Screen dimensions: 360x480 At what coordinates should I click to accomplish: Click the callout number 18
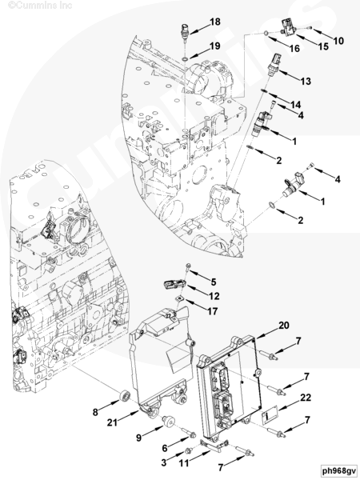coord(215,22)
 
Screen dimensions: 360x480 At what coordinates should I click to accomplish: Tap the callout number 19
coord(215,46)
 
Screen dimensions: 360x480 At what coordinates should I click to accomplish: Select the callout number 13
coord(306,81)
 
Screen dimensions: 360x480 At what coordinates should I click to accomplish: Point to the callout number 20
coord(284,325)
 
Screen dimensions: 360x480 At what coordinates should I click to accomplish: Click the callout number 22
coord(306,398)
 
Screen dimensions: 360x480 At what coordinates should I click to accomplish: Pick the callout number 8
coord(95,412)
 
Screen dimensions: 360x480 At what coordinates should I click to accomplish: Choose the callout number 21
coord(112,422)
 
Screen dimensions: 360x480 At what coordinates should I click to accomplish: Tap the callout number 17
coord(213,311)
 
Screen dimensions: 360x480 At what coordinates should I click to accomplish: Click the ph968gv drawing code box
coord(339,470)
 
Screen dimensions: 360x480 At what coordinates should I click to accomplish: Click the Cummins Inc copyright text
coord(40,6)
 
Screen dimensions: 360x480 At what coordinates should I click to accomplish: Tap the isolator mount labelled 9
coord(169,422)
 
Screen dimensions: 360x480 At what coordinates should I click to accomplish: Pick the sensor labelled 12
coord(175,284)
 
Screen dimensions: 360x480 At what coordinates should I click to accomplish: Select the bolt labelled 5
coord(188,270)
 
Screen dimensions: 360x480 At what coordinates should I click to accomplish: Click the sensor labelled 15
coord(288,28)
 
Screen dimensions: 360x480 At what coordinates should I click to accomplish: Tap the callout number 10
coord(338,41)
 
